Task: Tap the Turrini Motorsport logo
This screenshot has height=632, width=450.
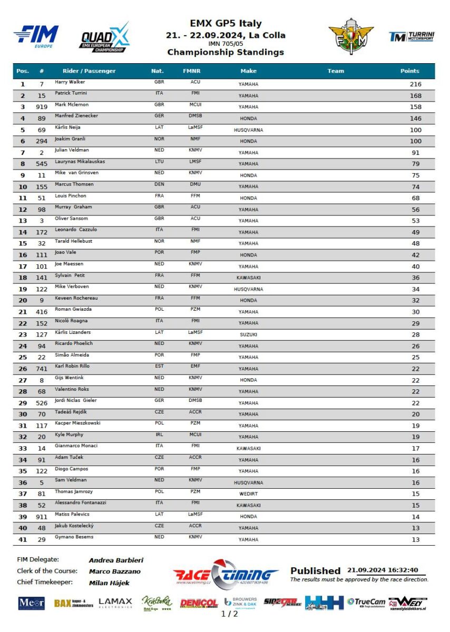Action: coord(412,36)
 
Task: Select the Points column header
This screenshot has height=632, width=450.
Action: coord(409,71)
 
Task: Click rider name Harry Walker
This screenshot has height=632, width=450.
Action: coord(70,82)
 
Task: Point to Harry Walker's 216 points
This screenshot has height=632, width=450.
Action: coord(415,84)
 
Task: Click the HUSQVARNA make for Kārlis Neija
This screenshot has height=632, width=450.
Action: coord(248,130)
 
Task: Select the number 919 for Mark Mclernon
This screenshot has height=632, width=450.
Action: coord(42,107)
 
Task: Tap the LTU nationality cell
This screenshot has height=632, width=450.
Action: coord(160,161)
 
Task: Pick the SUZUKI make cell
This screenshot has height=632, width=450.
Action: coord(248,334)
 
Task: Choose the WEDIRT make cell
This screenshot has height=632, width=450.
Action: coord(248,494)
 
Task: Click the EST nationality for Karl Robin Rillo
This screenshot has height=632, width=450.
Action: coord(160,366)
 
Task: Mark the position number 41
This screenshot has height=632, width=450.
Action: coord(23,539)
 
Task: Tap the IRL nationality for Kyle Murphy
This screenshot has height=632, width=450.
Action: coord(160,434)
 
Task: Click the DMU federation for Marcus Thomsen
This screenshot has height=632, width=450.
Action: coord(195,184)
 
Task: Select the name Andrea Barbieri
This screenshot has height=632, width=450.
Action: coord(116,560)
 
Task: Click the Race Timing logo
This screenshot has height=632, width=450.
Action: coord(226,574)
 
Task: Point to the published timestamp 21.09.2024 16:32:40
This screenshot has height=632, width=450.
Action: coord(383,570)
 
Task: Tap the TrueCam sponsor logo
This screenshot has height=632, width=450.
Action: coord(366,602)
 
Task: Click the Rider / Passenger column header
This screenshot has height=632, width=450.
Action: coord(89,71)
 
